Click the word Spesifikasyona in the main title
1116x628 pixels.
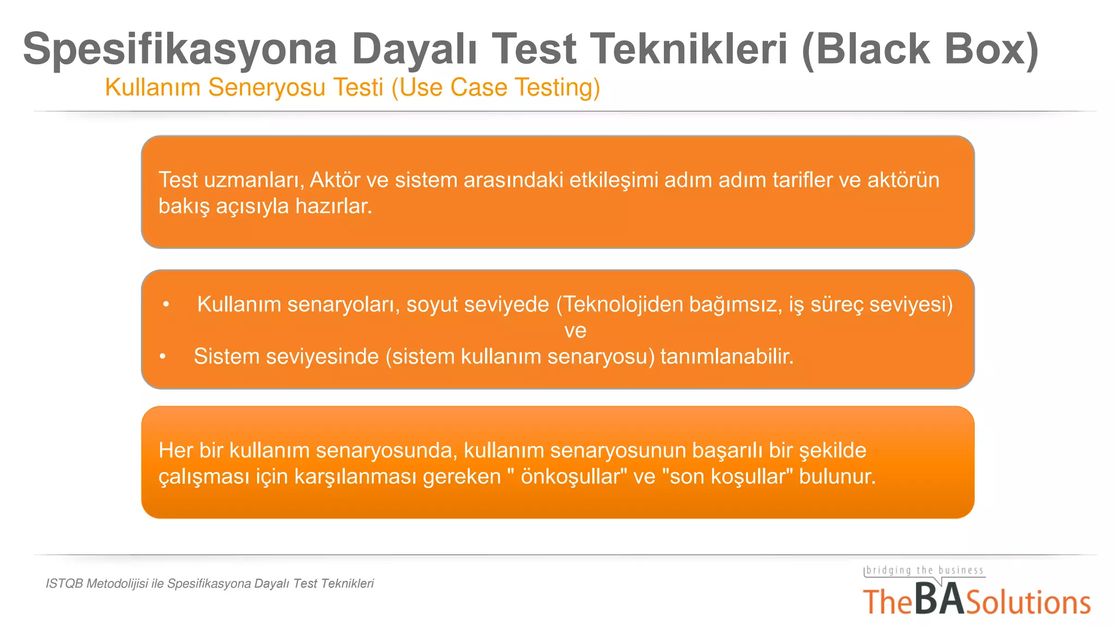pyautogui.click(x=180, y=50)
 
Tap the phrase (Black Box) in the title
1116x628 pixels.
pyautogui.click(x=920, y=49)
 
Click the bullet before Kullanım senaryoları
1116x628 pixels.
pyautogui.click(x=166, y=304)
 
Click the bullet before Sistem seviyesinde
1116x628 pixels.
pyautogui.click(x=162, y=357)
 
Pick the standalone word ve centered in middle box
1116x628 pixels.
pyautogui.click(x=575, y=330)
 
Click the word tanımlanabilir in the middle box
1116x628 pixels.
pyautogui.click(x=726, y=357)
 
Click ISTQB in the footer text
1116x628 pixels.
pyautogui.click(x=64, y=584)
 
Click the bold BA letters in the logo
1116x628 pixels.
pyautogui.click(x=938, y=600)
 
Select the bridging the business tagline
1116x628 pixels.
pyautogui.click(x=925, y=571)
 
